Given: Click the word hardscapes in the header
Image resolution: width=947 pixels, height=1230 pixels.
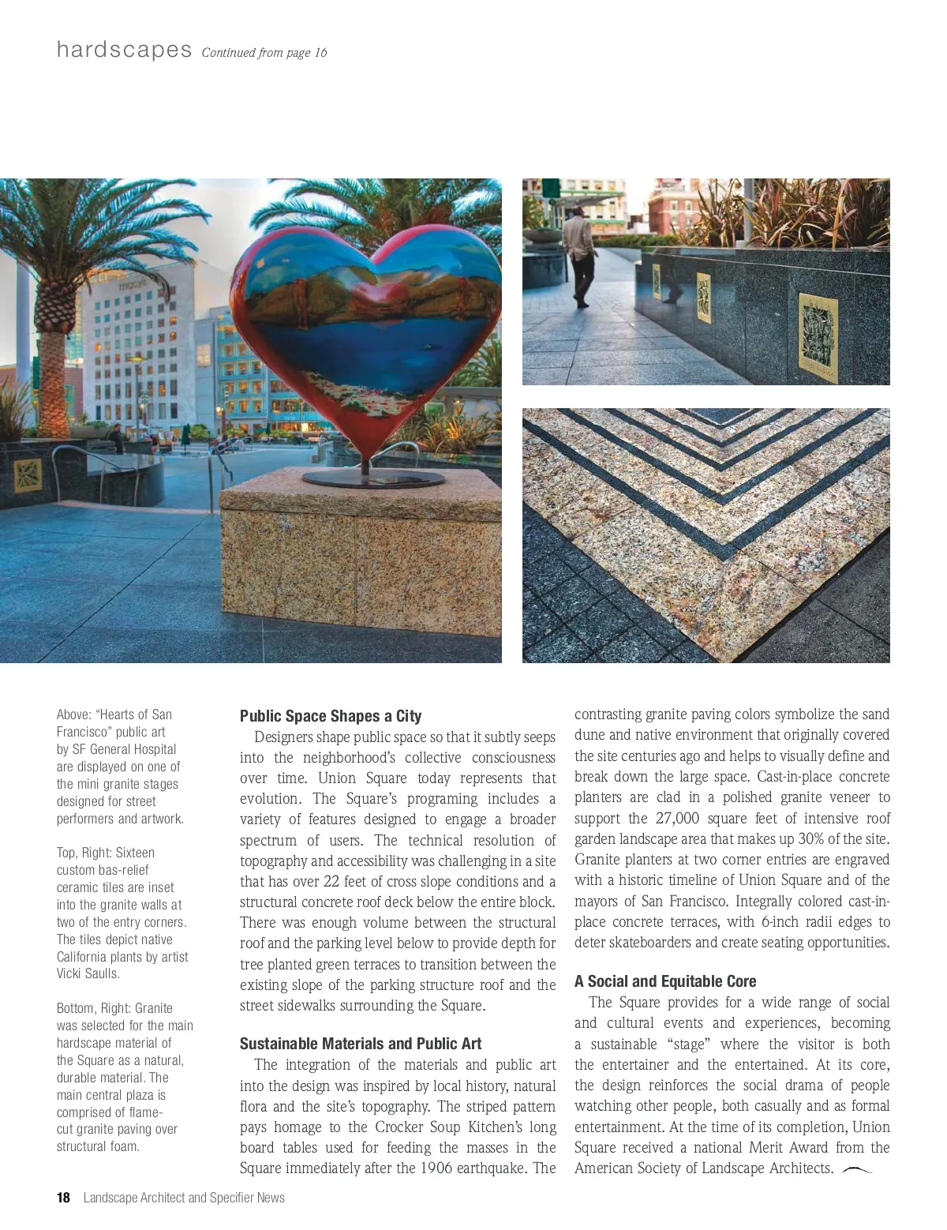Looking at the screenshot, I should pos(124,50).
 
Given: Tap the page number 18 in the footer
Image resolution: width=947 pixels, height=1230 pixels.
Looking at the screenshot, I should pos(63,1198).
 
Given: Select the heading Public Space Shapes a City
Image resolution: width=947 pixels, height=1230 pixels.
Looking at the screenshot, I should pos(331,716).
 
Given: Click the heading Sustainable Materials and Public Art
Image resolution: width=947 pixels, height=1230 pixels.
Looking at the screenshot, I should pos(361,1044).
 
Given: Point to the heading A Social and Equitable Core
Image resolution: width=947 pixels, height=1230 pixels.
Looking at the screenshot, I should pos(664,981).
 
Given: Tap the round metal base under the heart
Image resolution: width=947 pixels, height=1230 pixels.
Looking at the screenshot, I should pos(373,478).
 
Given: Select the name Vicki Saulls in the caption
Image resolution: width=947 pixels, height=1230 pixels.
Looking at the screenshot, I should pos(88,973).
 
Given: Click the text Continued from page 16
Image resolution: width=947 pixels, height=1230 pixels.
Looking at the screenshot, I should pos(264,53).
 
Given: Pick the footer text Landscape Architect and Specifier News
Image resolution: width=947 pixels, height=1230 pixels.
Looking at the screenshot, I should pos(184,1198).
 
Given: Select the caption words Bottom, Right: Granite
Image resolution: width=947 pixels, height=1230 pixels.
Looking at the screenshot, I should pos(114,1008).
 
